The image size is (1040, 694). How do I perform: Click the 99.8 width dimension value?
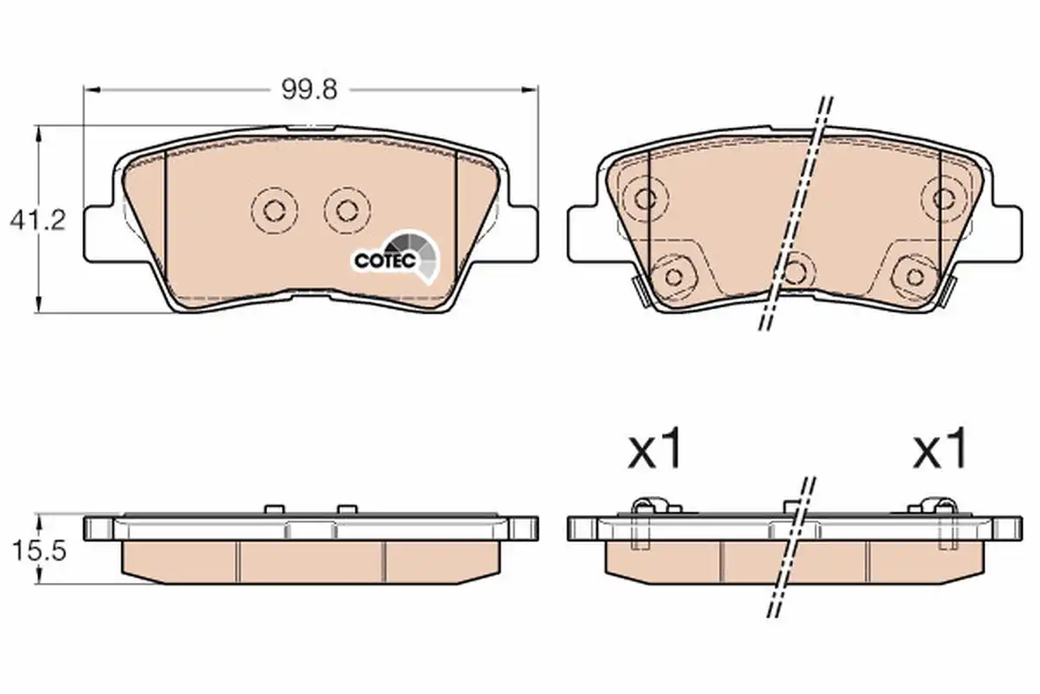click(309, 89)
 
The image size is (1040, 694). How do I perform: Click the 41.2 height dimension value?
click(38, 220)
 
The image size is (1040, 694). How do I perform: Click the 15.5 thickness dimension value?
click(40, 551)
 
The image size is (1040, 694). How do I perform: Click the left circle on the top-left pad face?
click(275, 211)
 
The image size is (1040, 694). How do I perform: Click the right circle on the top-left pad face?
click(348, 211)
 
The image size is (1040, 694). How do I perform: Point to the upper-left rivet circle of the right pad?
click(646, 199)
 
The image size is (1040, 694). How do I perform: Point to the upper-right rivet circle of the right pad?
click(944, 199)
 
